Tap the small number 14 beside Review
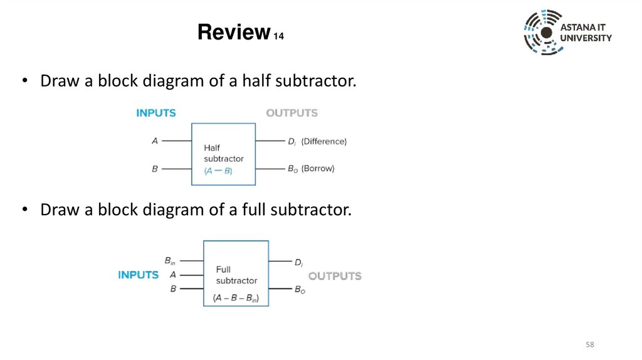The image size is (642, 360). point(278,37)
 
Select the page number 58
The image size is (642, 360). point(589,345)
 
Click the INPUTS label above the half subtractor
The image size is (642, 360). point(156,114)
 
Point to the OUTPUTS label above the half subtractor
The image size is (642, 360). point(292,114)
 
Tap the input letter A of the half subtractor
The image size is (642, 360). point(155,141)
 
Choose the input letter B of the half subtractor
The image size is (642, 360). point(155,169)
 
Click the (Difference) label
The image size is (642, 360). point(324,142)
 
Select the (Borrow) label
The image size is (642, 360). point(318,169)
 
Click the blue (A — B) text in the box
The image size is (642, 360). point(218,171)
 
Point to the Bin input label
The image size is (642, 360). point(170,260)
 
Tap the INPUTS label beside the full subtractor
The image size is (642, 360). point(138,275)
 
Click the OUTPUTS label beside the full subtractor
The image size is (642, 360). point(335,276)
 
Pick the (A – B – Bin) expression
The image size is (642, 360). point(236,298)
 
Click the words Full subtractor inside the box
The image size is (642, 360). point(236,275)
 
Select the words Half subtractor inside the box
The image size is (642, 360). point(223,153)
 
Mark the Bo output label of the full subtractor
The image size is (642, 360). point(300,290)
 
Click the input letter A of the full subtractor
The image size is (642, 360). point(173,275)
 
